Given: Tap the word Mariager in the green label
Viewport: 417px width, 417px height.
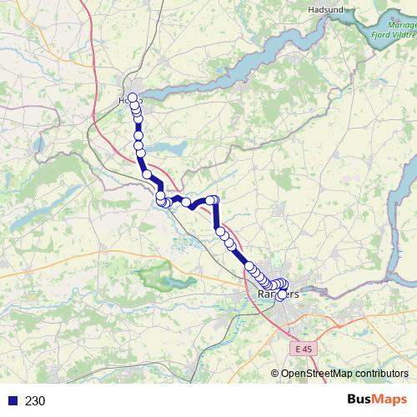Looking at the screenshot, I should click(x=390, y=25).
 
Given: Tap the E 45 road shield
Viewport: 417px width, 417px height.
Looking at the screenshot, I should click(x=306, y=349).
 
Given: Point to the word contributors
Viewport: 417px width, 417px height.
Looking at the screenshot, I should click(x=381, y=374).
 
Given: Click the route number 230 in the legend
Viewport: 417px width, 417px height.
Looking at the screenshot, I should click(x=35, y=400).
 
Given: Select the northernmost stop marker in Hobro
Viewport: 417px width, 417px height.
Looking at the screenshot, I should click(x=132, y=97).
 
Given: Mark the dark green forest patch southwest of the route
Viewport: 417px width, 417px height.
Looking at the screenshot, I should click(x=155, y=275).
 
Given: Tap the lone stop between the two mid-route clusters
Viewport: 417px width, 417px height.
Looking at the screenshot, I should click(x=187, y=202).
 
